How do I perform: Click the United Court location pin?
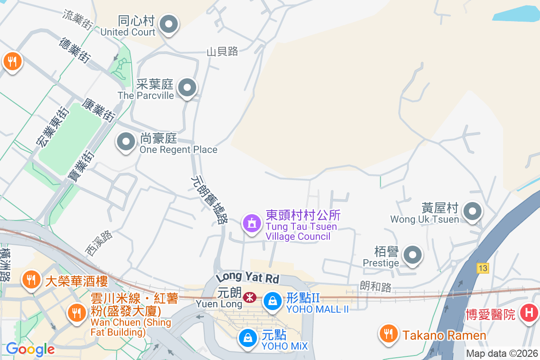[169, 25]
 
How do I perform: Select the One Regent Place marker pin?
[126, 142]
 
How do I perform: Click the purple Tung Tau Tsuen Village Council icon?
[252, 223]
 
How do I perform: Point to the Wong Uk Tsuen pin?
[472, 211]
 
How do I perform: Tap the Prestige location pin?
[413, 255]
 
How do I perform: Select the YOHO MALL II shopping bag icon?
[272, 301]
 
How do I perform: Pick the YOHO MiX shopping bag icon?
[247, 337]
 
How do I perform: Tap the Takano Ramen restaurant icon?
[388, 334]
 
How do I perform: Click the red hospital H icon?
[529, 313]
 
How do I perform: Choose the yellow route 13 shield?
[483, 268]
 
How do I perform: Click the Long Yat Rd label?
[247, 276]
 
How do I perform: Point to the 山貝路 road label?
[222, 52]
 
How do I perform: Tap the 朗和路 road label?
[376, 286]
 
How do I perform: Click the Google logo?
[30, 349]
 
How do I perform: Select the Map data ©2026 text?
[501, 353]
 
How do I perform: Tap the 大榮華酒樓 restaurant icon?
[31, 281]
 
